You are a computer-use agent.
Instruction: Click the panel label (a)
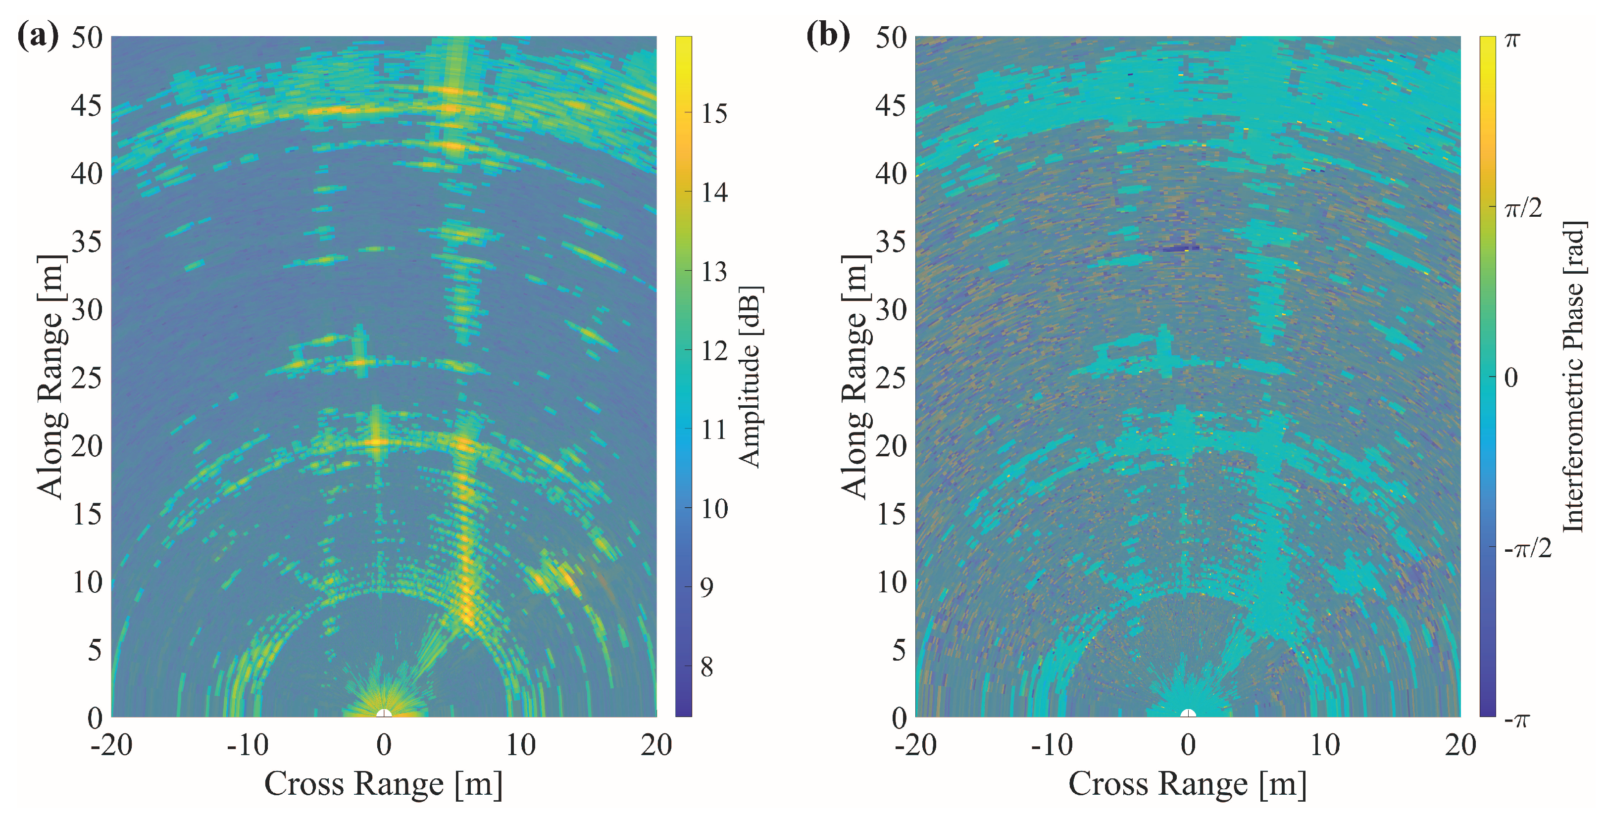(x=38, y=36)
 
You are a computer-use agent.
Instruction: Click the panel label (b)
(x=828, y=36)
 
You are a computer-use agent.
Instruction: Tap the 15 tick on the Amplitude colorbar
(x=714, y=113)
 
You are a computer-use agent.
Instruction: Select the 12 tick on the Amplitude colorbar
(x=714, y=351)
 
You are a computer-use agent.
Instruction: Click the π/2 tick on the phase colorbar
(x=1523, y=207)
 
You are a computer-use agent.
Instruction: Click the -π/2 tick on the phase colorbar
(x=1527, y=548)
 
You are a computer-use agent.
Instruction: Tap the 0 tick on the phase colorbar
(x=1510, y=378)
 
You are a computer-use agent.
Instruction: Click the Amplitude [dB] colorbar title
(x=750, y=377)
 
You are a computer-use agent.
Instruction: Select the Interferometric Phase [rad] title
(x=1574, y=377)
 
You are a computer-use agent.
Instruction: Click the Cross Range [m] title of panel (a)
(x=383, y=783)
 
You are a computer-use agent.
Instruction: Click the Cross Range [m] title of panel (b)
(x=1187, y=783)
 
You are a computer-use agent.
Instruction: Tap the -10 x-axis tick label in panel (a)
(x=247, y=745)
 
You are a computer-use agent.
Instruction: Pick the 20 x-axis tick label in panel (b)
(x=1460, y=745)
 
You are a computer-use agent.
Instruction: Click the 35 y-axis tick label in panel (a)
(x=87, y=242)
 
